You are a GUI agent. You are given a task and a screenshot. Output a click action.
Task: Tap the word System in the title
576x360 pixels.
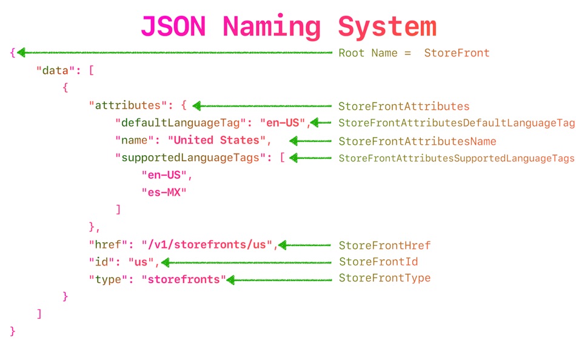387,27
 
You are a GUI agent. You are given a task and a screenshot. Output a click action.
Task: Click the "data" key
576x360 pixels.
52,70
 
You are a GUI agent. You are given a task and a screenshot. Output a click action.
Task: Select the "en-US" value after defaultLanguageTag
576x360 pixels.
283,123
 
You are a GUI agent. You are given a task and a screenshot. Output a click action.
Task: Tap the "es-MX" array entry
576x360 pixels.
164,193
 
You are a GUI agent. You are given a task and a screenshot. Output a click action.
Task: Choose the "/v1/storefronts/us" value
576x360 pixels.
207,245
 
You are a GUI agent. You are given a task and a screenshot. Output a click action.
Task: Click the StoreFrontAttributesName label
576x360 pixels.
417,141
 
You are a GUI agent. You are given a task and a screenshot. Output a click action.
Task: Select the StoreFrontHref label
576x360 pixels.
384,245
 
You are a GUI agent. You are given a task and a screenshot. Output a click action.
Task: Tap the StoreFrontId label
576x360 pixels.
378,262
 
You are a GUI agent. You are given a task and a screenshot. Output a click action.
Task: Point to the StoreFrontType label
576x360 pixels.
384,279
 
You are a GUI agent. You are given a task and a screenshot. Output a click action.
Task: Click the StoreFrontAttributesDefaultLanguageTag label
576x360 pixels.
456,124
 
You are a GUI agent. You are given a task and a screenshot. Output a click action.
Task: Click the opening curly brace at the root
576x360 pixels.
12,53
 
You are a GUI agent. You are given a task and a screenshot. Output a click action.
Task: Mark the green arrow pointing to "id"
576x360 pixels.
246,262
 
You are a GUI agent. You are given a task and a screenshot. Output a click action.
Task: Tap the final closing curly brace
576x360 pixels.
12,332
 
